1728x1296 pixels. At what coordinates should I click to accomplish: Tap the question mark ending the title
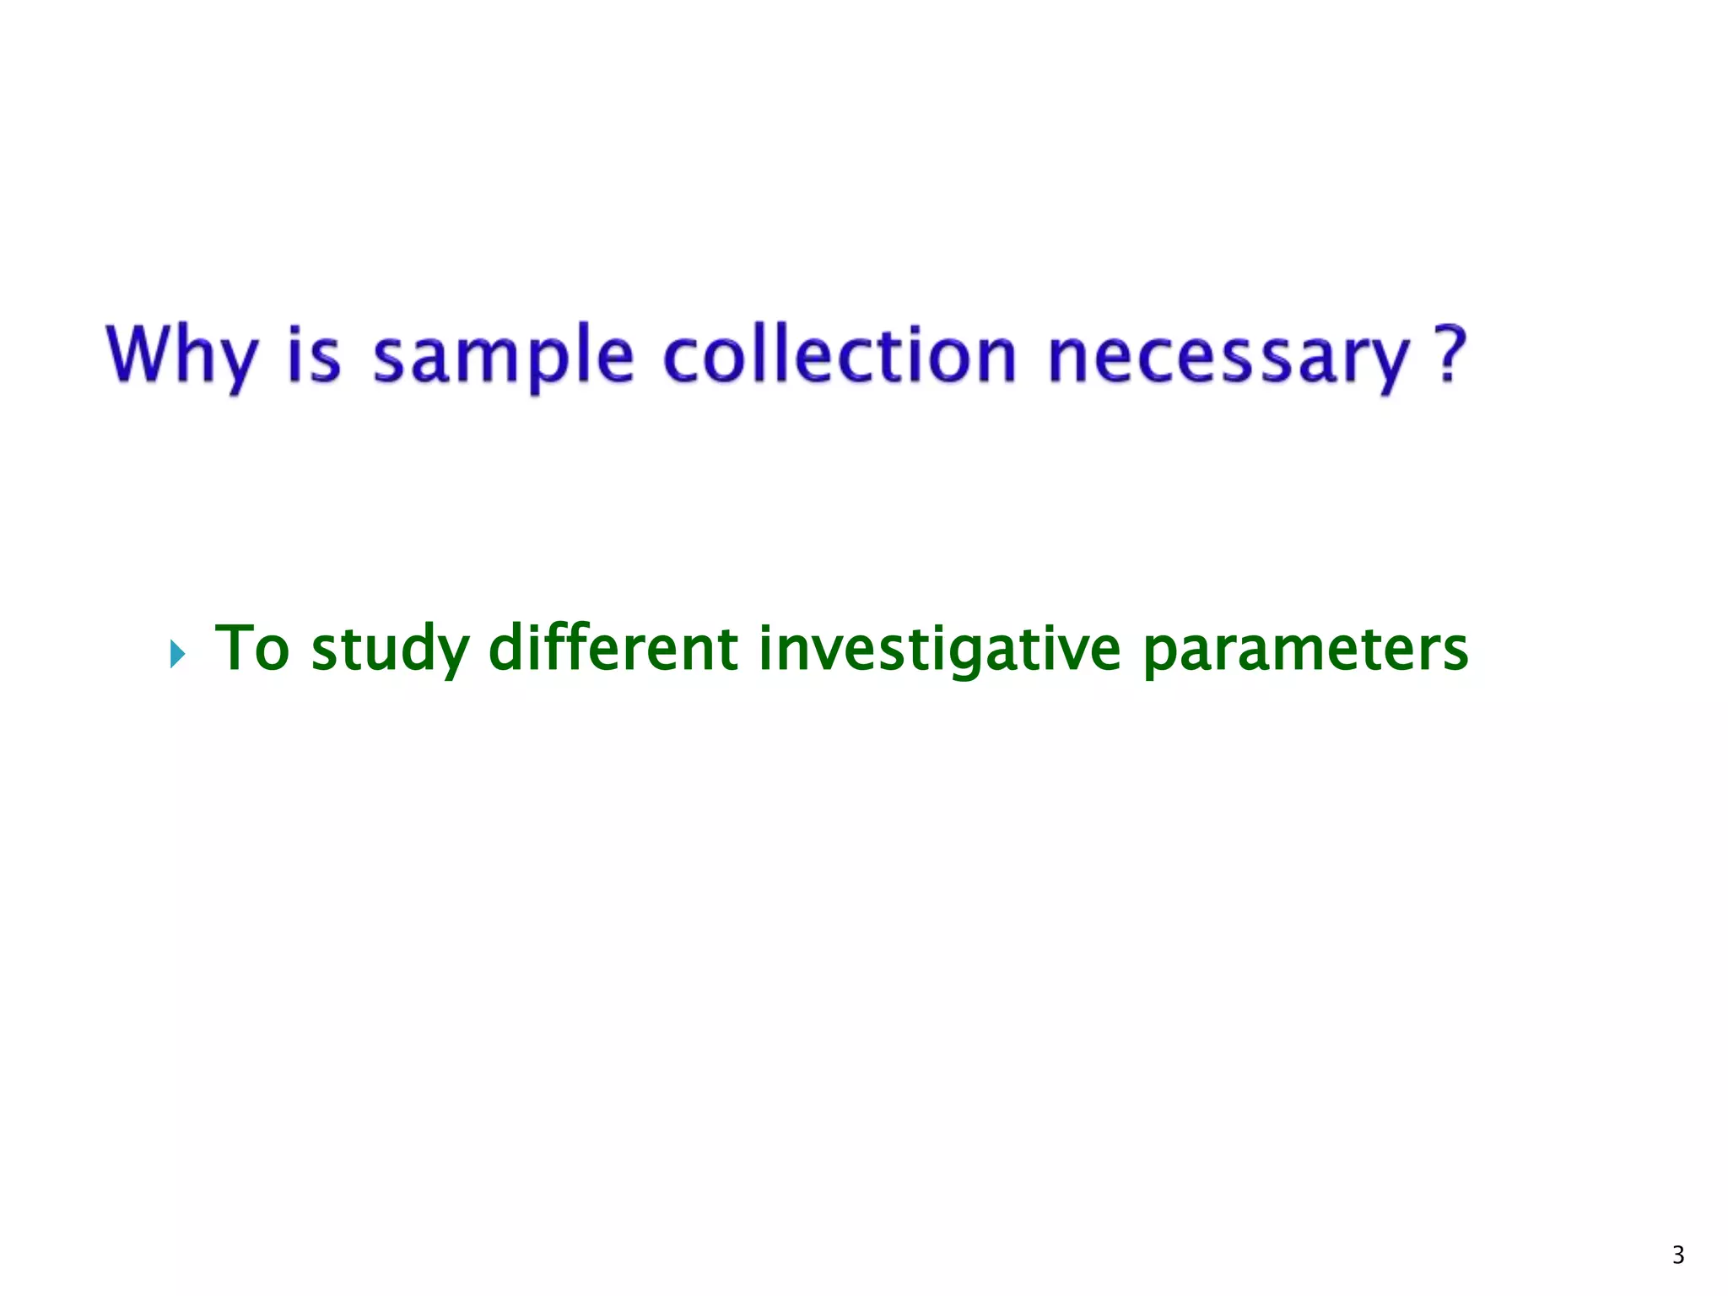(1450, 354)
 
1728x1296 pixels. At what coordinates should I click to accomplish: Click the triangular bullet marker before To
(176, 653)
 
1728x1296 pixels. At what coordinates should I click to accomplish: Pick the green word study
(390, 650)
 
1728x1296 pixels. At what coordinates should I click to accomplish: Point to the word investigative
(939, 650)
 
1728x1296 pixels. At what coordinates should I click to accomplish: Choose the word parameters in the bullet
(1305, 650)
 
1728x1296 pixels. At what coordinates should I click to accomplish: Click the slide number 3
(1678, 1255)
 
